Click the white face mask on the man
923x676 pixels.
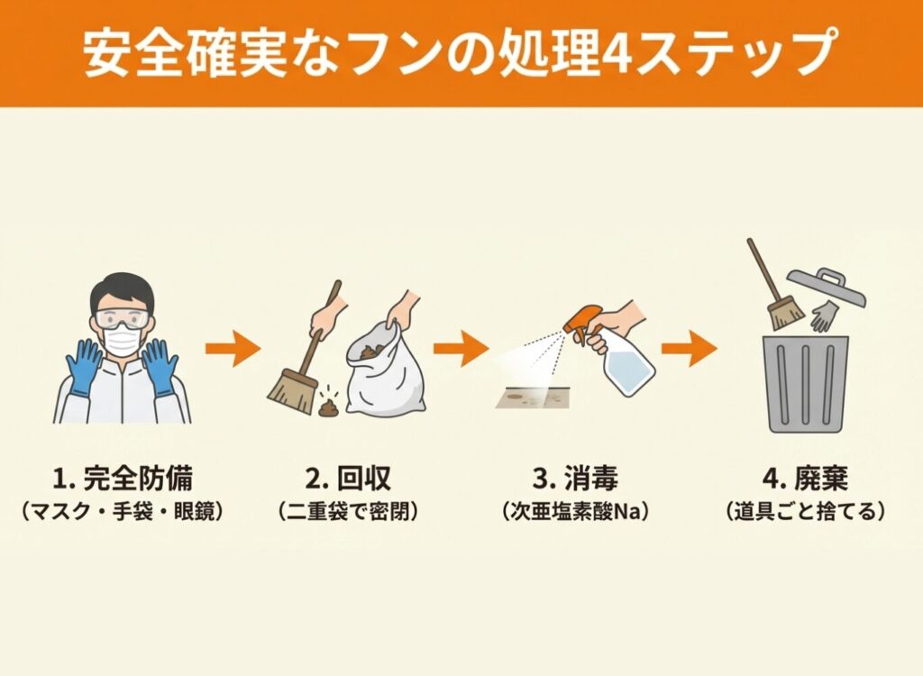(x=122, y=341)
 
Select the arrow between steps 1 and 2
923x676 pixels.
(x=233, y=349)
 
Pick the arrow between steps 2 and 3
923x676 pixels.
(x=461, y=349)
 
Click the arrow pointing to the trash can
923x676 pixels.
(x=690, y=349)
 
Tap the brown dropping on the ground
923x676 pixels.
(x=328, y=406)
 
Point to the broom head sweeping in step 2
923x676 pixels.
(x=291, y=392)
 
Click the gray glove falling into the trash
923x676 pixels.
(x=824, y=316)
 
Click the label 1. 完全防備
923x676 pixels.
(x=123, y=478)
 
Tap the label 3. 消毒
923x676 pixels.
(x=576, y=478)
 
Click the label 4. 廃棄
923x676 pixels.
(x=805, y=478)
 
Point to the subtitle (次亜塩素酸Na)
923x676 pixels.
(x=576, y=511)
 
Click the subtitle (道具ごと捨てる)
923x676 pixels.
(x=805, y=511)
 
